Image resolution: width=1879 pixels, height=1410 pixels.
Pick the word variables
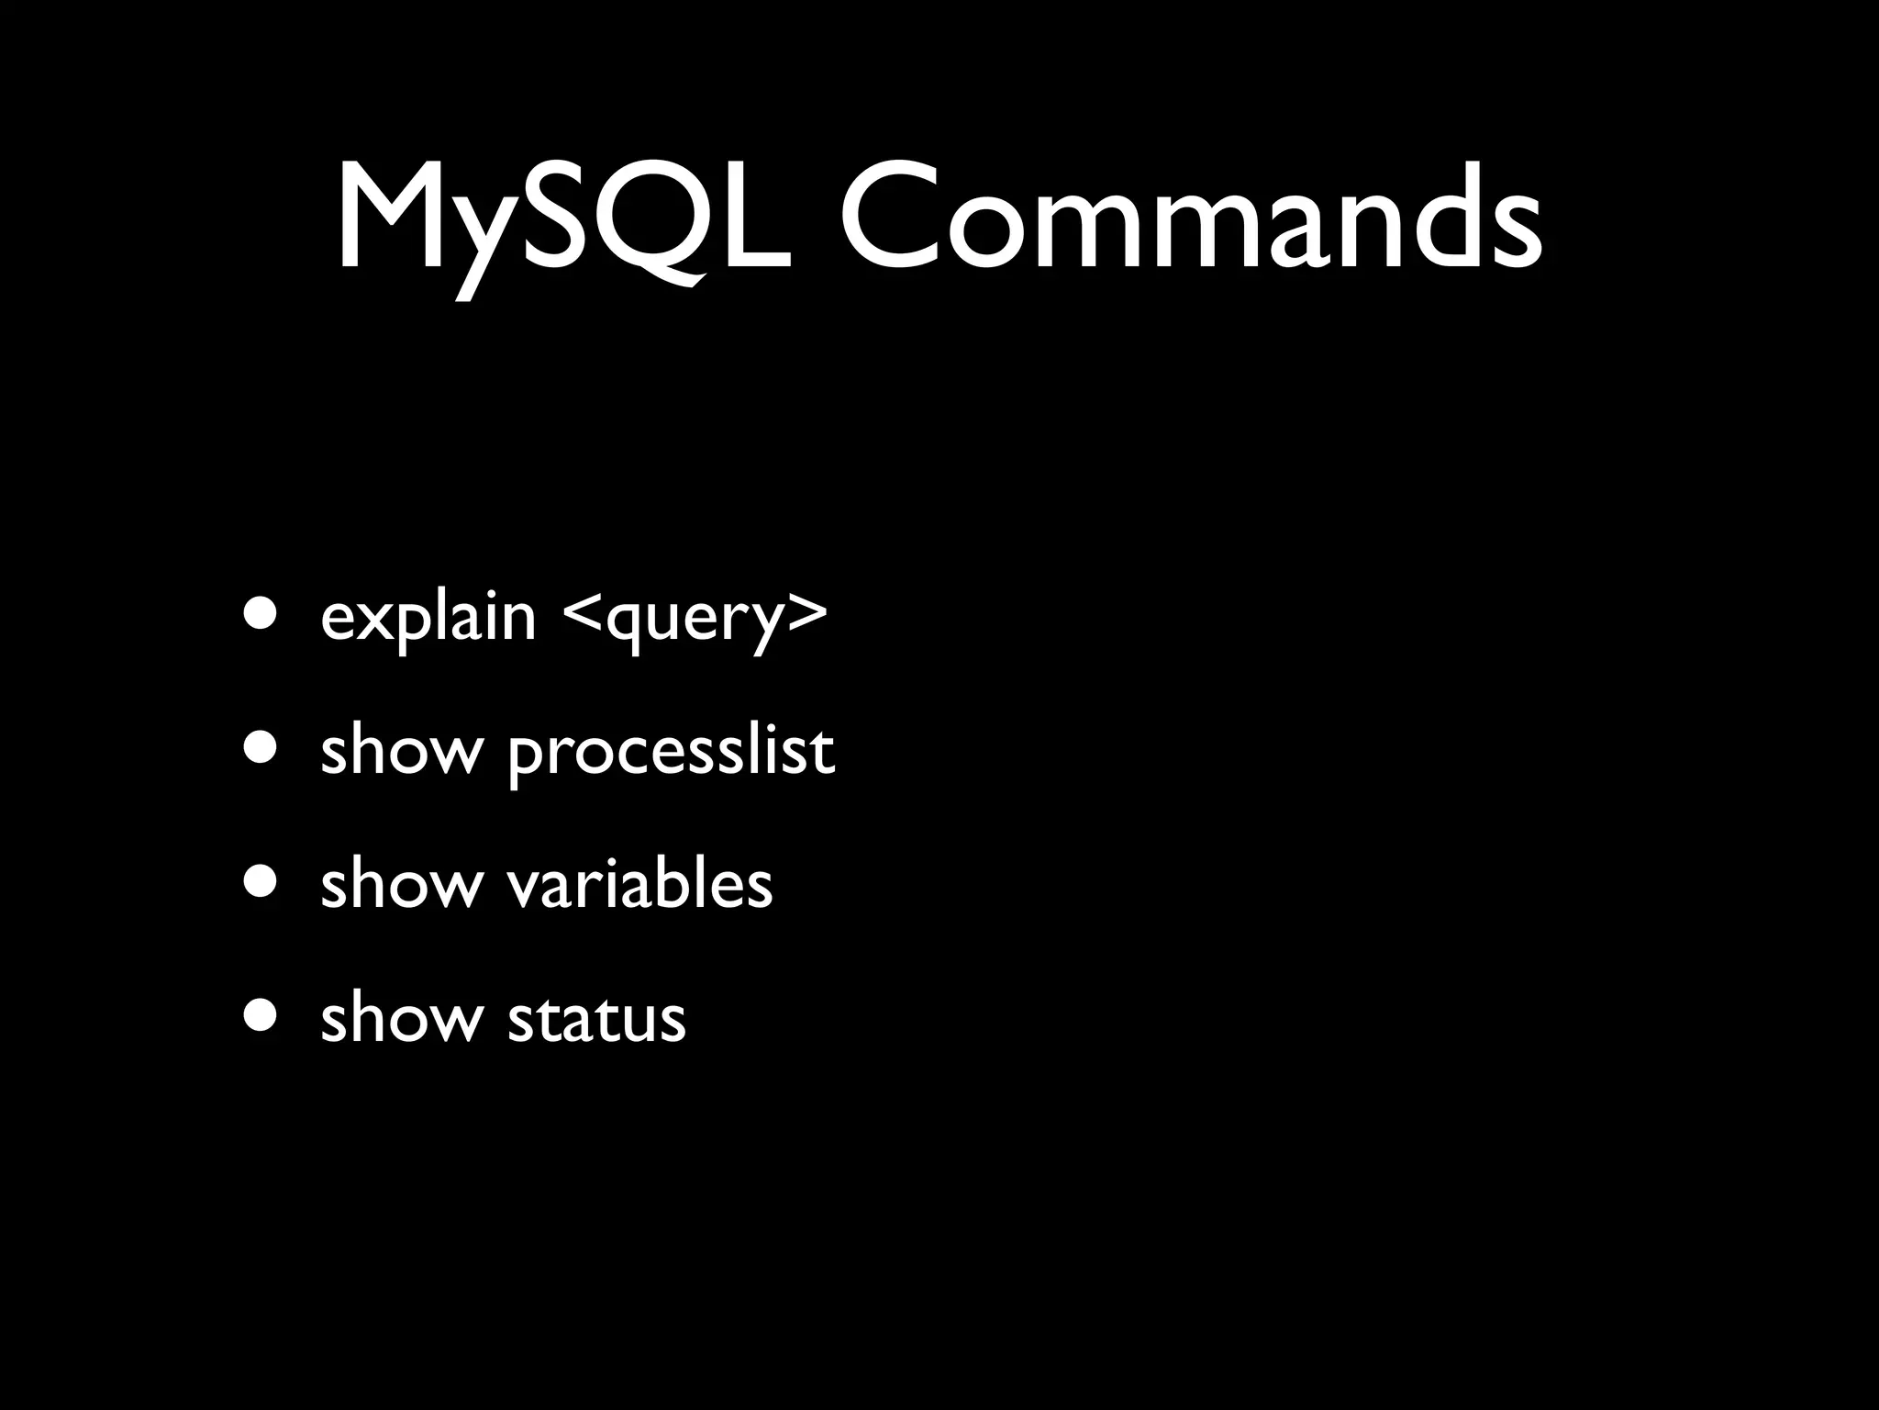click(x=639, y=885)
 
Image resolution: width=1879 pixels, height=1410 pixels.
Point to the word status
click(x=596, y=1019)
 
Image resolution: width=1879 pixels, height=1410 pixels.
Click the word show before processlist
click(x=401, y=751)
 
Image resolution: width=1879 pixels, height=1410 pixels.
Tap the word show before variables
click(x=401, y=885)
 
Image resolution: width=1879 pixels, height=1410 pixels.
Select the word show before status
click(x=401, y=1019)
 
